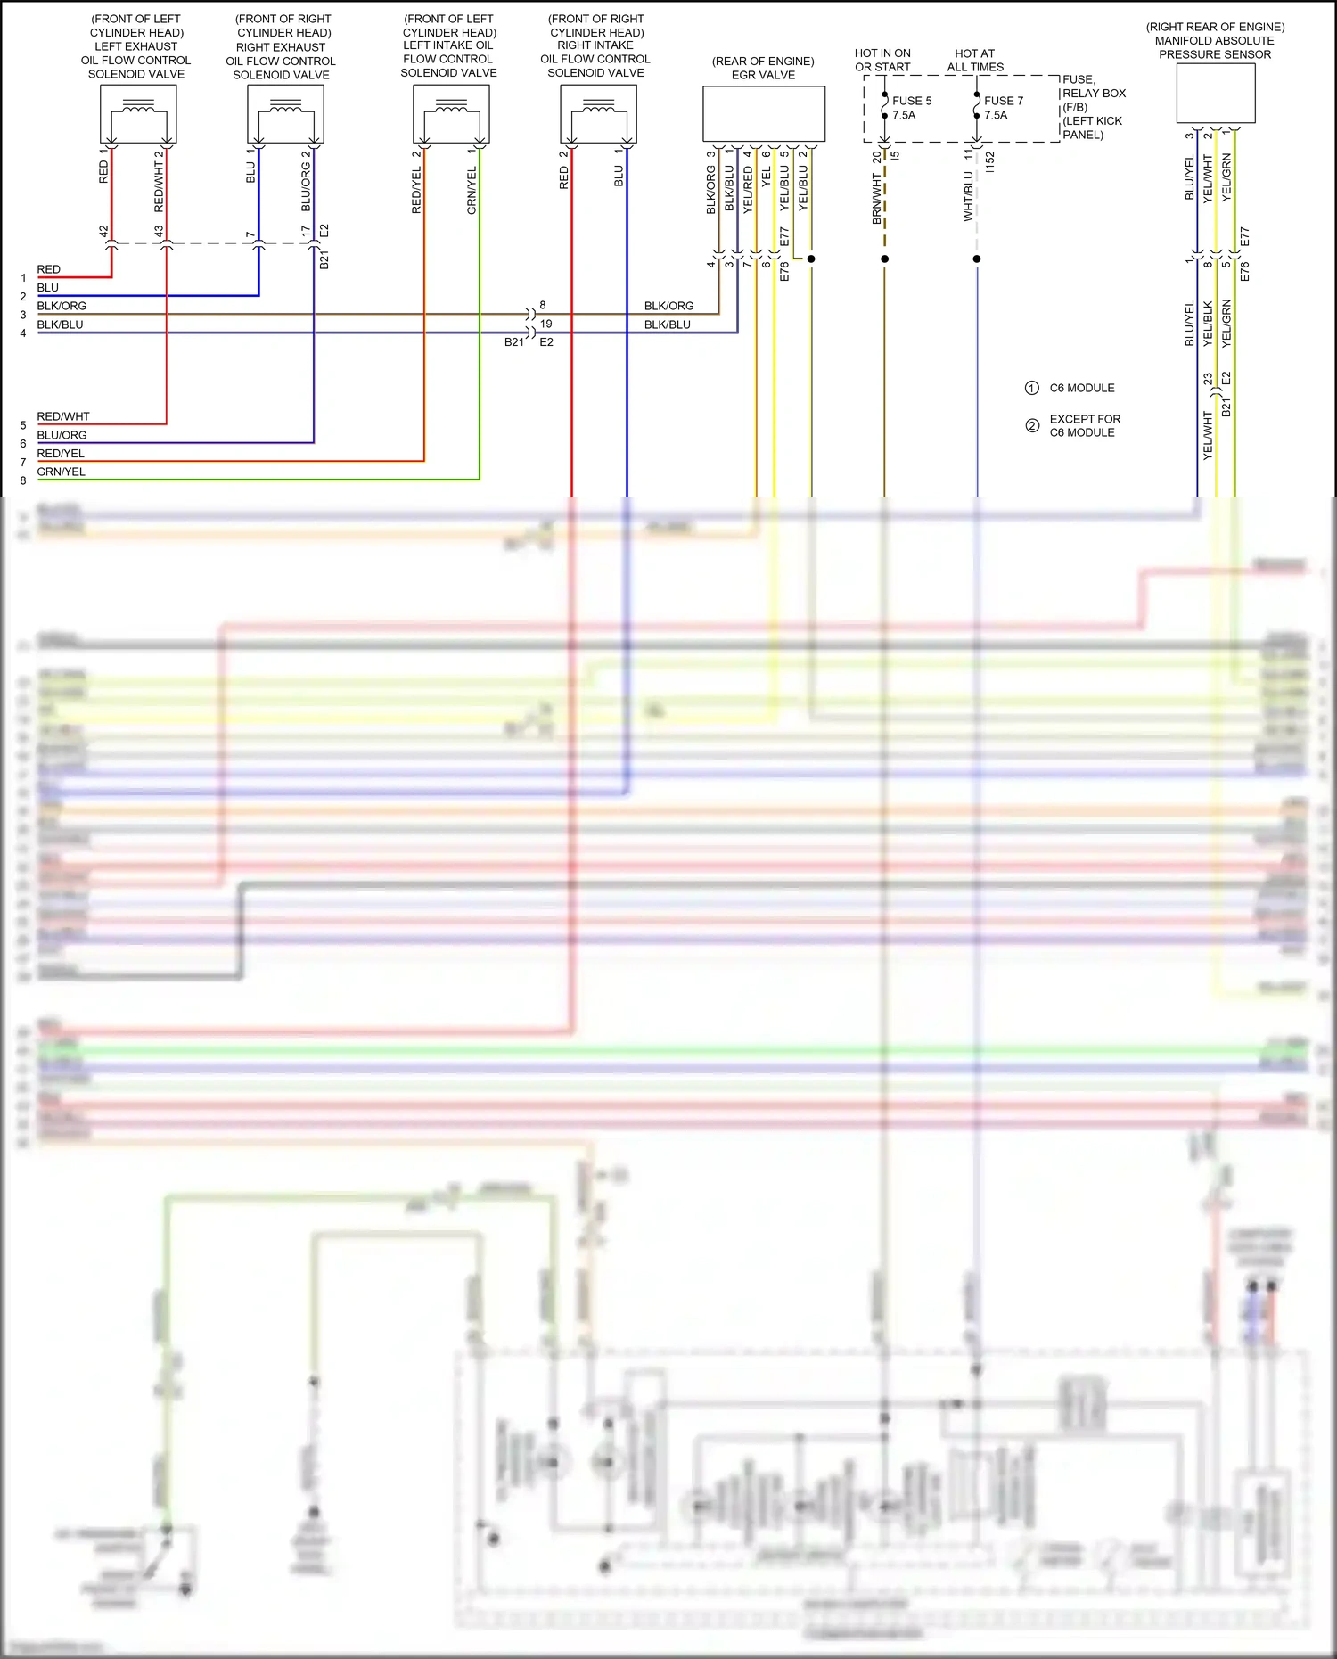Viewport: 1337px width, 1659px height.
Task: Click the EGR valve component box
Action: (x=764, y=114)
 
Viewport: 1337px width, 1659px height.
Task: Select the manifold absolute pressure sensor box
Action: (x=1215, y=93)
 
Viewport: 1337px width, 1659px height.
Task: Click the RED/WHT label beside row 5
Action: (x=63, y=416)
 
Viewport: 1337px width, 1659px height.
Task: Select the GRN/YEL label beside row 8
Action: (x=62, y=472)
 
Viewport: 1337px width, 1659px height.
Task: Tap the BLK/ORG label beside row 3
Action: (x=62, y=306)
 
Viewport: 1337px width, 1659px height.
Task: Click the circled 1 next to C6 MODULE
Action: (x=1031, y=388)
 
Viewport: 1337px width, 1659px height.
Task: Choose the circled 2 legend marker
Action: (x=1031, y=425)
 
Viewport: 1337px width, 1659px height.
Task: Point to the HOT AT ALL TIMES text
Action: (x=975, y=61)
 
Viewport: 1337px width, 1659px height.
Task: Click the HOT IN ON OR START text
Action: (x=882, y=61)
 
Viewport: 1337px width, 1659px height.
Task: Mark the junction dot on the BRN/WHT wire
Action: (x=884, y=259)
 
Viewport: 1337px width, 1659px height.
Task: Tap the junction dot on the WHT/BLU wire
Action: (x=977, y=259)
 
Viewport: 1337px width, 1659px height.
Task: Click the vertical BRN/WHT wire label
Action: (x=877, y=198)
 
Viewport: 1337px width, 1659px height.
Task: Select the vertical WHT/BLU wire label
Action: (x=969, y=196)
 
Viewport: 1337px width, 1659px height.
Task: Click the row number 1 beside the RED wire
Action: (x=23, y=278)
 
